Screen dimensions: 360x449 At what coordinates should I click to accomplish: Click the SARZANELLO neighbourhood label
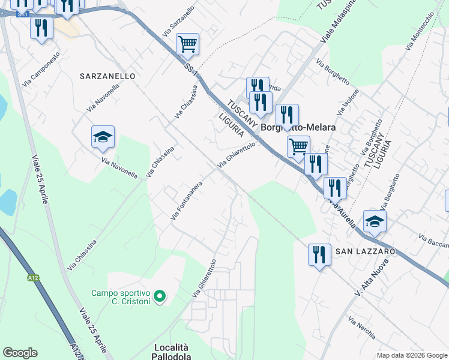click(x=107, y=76)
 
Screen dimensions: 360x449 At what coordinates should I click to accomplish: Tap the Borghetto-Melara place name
click(x=297, y=128)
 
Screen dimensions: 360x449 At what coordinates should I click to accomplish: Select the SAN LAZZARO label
click(x=365, y=251)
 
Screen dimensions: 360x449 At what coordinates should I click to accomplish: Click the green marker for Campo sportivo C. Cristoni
click(x=160, y=296)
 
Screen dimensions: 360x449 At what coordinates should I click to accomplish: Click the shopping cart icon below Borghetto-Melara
click(x=298, y=146)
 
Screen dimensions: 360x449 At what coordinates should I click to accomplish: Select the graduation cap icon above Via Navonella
click(x=103, y=137)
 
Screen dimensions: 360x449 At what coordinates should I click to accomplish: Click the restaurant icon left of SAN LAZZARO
click(x=319, y=254)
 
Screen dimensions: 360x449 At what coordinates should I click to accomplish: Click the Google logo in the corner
click(x=20, y=353)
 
